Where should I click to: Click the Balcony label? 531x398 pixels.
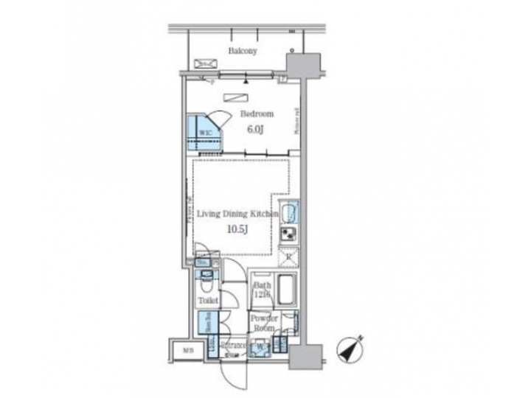click(x=242, y=52)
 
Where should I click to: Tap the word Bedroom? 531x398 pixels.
click(x=257, y=114)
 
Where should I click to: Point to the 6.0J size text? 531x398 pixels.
click(x=254, y=129)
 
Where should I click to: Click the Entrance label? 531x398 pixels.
click(x=235, y=345)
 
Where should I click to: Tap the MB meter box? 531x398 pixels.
click(x=188, y=349)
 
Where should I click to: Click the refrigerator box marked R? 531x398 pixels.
click(x=288, y=256)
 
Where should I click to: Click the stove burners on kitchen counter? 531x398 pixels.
click(x=289, y=236)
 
